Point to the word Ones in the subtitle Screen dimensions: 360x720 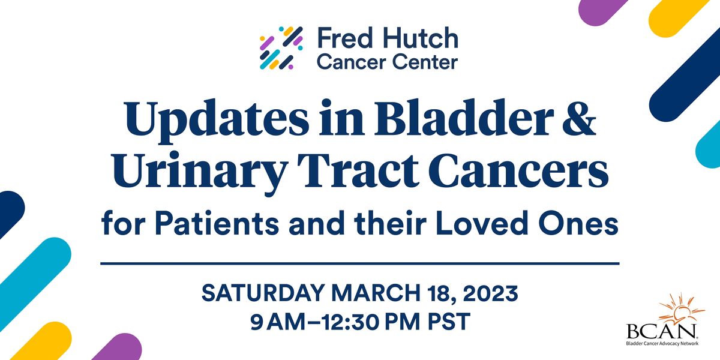[x=583, y=224]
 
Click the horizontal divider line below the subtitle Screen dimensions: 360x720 [x=360, y=263]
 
